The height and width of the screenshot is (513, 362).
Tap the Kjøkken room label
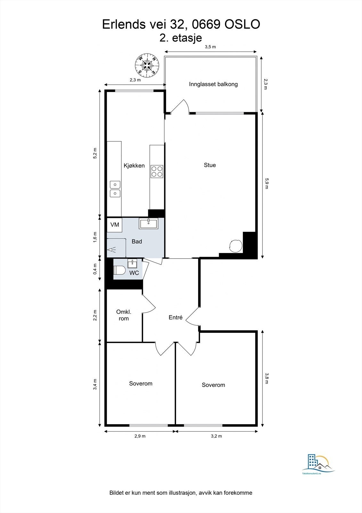coord(134,165)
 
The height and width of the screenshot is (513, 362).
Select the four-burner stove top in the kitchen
coord(157,172)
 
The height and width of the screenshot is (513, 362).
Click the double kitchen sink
coord(115,189)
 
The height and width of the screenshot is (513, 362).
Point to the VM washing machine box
coord(115,225)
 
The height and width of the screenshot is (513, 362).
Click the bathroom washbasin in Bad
coord(149,223)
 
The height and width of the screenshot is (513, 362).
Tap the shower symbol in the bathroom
coord(112,249)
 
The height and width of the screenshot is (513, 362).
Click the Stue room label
coord(210,165)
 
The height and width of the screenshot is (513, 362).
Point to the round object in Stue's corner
coord(236,246)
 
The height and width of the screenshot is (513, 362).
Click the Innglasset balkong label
coord(213,84)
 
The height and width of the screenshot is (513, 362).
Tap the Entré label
coord(175,317)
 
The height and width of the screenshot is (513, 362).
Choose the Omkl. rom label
coord(124,315)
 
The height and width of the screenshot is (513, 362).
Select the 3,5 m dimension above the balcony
coord(210,47)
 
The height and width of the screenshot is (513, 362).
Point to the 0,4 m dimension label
coord(95,269)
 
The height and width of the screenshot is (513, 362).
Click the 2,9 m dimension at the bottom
coord(140,436)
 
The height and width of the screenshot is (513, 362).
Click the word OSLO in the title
coord(242,24)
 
